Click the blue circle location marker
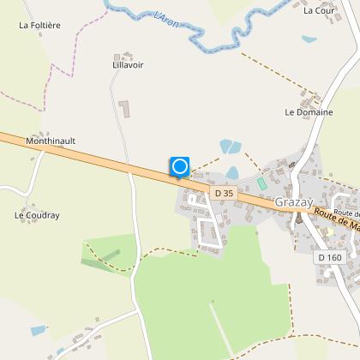click(x=179, y=166)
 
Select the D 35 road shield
click(x=224, y=194)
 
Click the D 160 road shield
click(x=329, y=257)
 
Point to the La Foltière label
click(x=39, y=26)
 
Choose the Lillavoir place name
click(x=129, y=65)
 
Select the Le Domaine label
click(x=302, y=112)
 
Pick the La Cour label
click(x=318, y=11)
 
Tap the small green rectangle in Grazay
click(x=261, y=183)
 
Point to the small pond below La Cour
click(x=309, y=39)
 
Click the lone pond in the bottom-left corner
click(x=39, y=330)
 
